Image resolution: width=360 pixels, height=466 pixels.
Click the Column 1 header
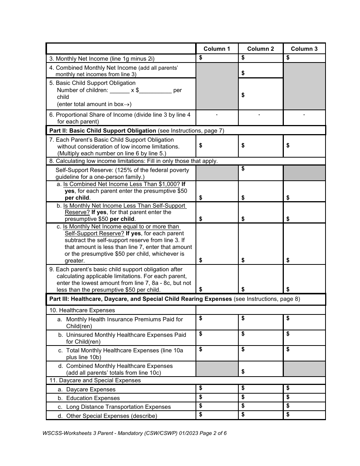[x=217, y=49]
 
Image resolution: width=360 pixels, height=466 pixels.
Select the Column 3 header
[x=304, y=49]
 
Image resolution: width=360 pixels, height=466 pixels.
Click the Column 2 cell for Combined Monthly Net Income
[x=261, y=71]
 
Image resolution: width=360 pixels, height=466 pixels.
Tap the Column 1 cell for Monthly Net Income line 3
[x=217, y=58]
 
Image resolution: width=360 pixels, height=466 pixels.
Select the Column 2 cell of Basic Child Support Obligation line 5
[x=261, y=94]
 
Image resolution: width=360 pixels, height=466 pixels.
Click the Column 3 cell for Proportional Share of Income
[x=304, y=118]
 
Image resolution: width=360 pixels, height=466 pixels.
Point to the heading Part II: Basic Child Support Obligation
[x=103, y=131]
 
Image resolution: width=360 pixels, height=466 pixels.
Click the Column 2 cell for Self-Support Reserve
[x=261, y=173]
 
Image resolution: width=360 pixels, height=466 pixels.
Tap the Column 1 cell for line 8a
[x=217, y=191]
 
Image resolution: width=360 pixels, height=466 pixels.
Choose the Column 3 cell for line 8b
[x=304, y=213]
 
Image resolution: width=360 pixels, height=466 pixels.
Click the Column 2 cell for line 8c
[x=261, y=244]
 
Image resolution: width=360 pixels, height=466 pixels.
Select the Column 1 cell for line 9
[x=217, y=279]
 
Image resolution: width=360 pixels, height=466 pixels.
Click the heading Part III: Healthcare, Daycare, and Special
[x=141, y=299]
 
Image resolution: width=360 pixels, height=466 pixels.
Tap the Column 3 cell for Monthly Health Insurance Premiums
[x=304, y=322]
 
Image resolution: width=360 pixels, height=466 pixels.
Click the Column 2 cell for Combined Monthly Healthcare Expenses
[x=261, y=369]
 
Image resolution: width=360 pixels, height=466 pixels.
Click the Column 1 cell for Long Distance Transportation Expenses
[x=217, y=407]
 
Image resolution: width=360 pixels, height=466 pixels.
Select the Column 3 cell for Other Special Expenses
[x=304, y=415]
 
